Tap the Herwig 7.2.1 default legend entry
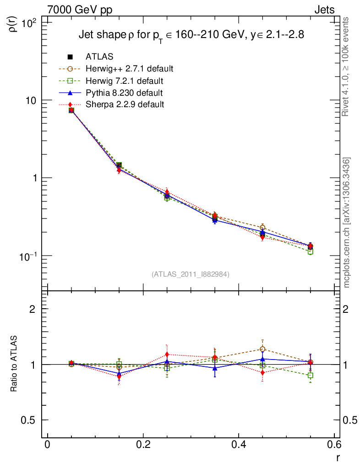click(x=124, y=81)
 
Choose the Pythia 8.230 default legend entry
click(x=124, y=93)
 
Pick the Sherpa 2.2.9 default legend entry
click(x=125, y=104)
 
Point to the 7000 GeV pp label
click(x=81, y=10)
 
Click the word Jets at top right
click(x=324, y=10)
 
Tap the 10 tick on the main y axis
click(x=33, y=100)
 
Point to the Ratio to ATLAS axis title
click(x=14, y=364)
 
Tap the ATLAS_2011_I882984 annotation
click(x=191, y=274)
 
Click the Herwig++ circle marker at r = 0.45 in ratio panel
click(x=262, y=349)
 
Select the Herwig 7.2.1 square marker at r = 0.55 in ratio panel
click(x=311, y=375)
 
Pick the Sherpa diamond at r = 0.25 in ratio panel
click(x=167, y=354)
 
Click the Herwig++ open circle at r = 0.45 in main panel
click(x=262, y=228)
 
